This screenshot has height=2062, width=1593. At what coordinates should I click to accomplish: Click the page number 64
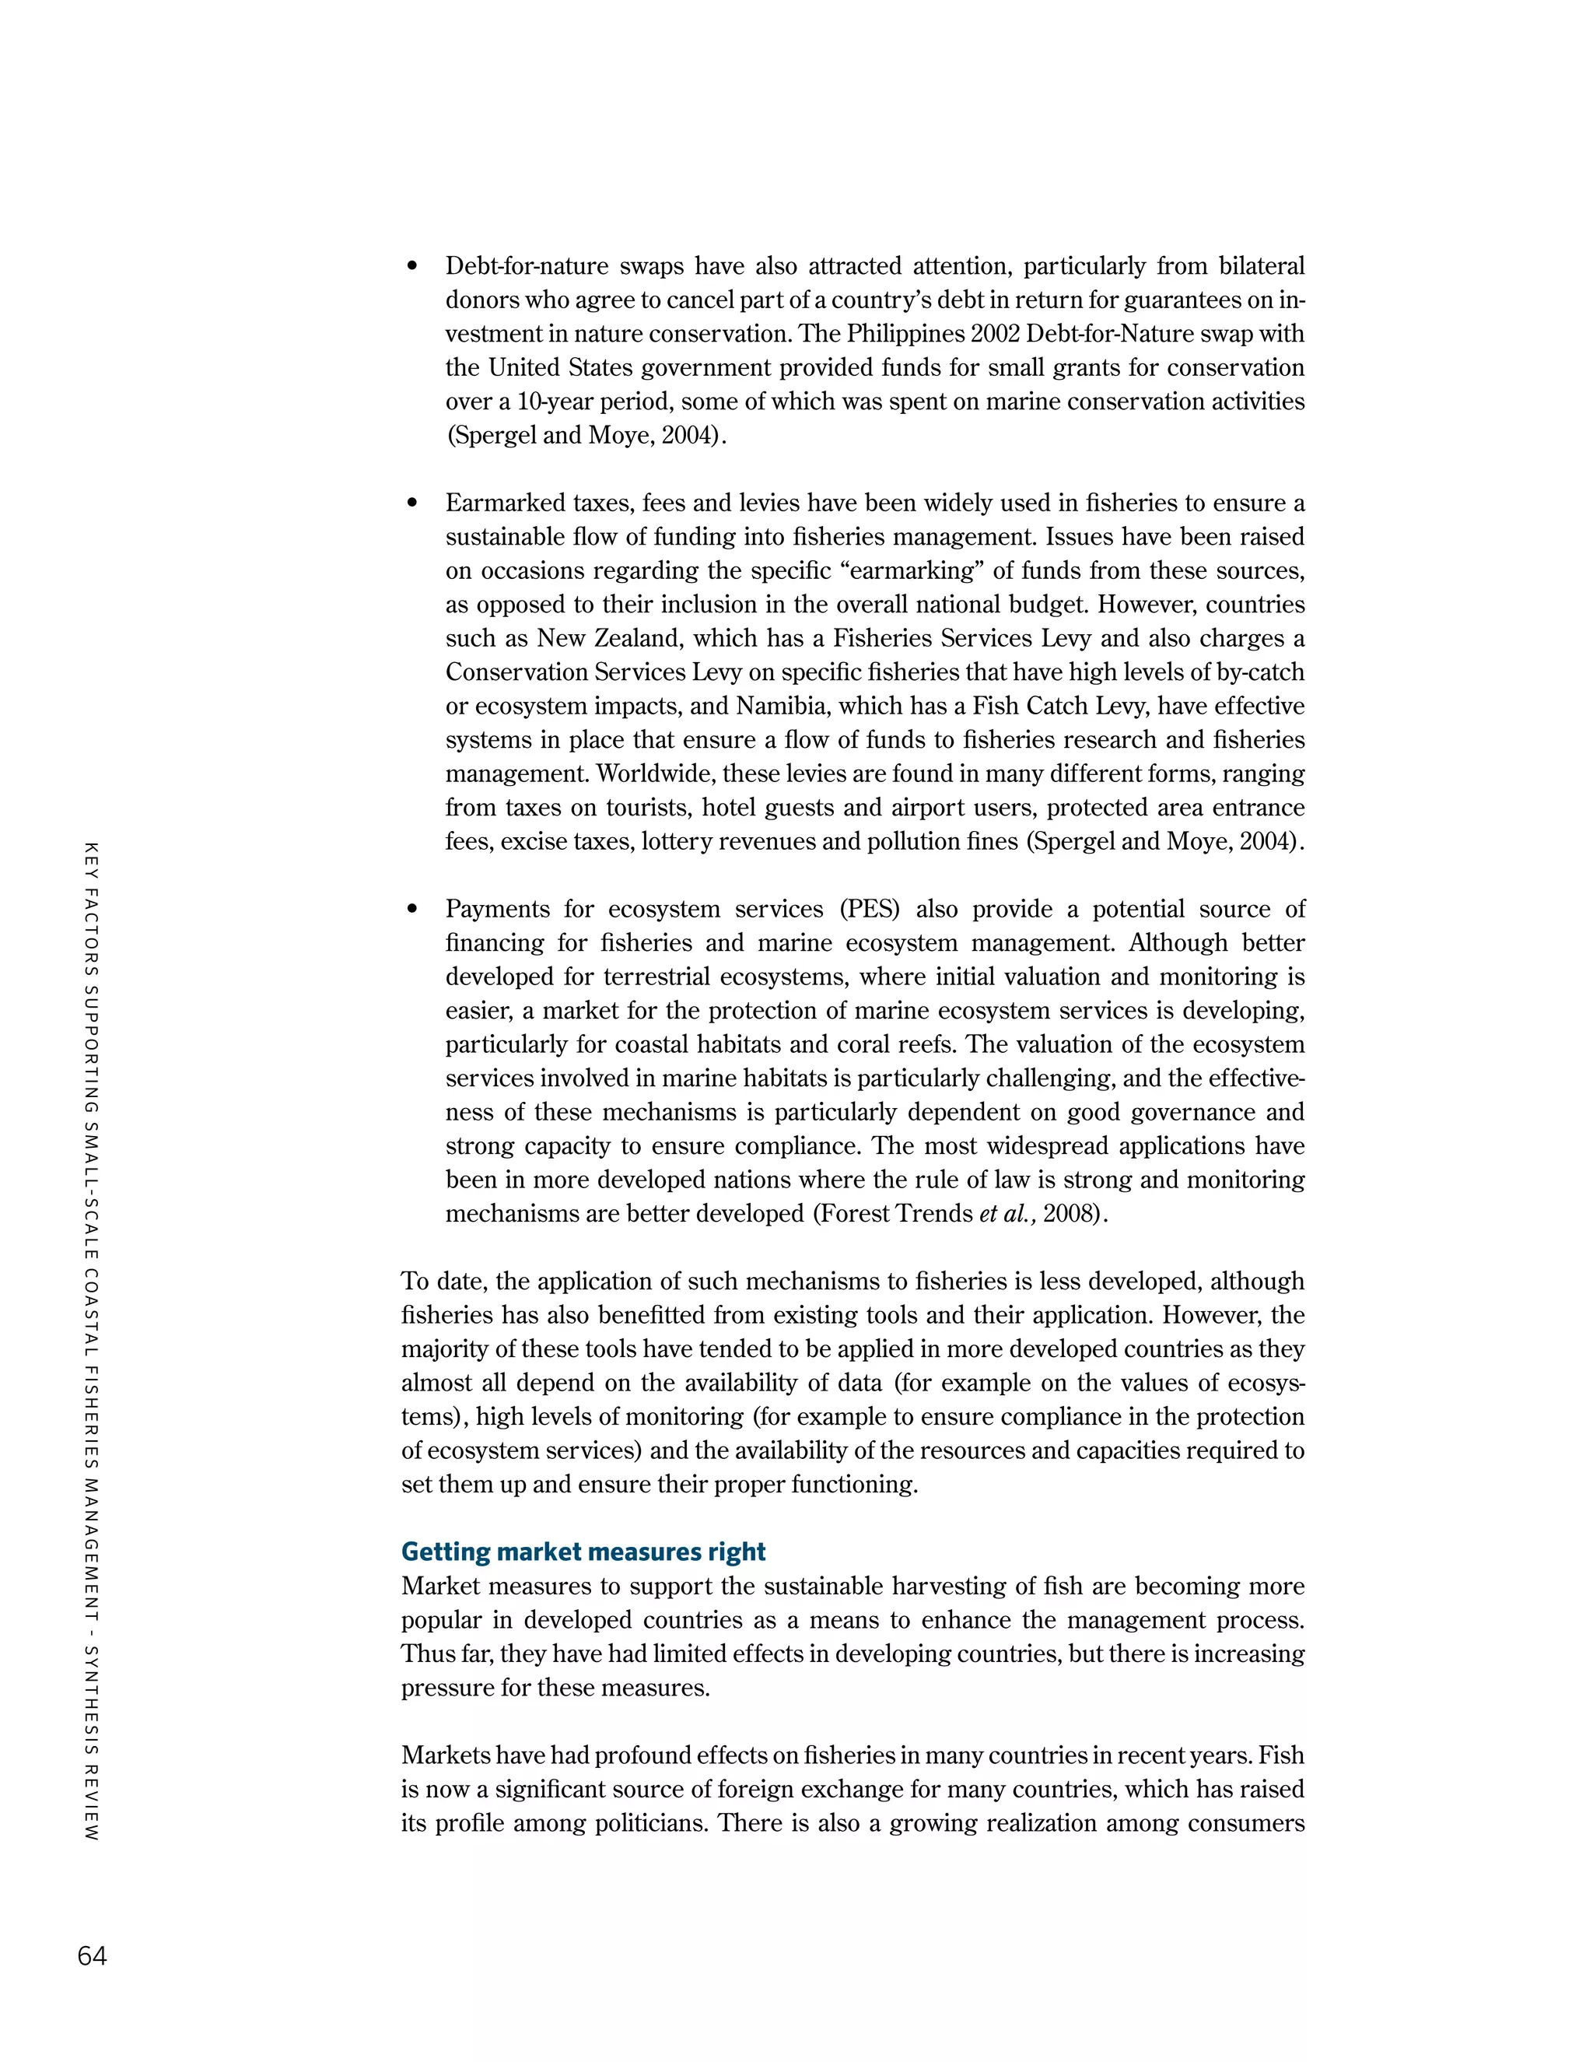pyautogui.click(x=92, y=1955)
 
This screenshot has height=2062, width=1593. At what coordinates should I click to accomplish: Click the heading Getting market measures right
pyautogui.click(x=583, y=1552)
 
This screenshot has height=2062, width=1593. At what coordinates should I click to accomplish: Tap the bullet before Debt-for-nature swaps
pyautogui.click(x=411, y=267)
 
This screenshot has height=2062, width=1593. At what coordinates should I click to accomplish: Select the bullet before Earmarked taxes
pyautogui.click(x=411, y=504)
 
